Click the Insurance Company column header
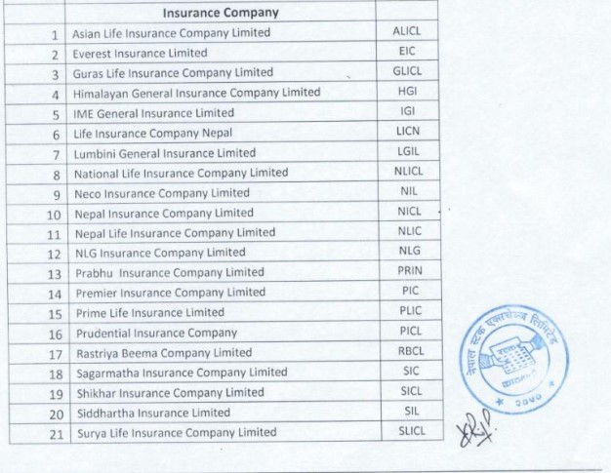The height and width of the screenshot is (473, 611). pos(220,13)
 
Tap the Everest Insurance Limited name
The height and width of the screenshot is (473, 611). pos(141,53)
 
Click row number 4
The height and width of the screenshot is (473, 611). pos(56,94)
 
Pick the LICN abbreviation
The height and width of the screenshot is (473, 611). pos(408,132)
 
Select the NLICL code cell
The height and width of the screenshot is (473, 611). pos(410,172)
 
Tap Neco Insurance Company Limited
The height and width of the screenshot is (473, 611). pos(161,193)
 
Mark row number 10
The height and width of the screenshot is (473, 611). pos(54,214)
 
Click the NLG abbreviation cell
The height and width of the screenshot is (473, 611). pos(408,252)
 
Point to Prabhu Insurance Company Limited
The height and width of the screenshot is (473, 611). pos(169,272)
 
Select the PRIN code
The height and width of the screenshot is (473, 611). pos(410,271)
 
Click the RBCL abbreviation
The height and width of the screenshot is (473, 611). pos(410,351)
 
